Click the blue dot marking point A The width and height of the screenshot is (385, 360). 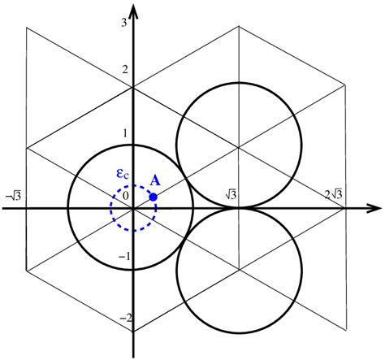click(153, 197)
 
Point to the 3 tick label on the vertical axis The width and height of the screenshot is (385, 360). click(123, 23)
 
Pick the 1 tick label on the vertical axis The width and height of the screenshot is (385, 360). click(123, 133)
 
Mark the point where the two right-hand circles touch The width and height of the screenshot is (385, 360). click(239, 208)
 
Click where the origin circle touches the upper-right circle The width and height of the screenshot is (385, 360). click(186, 177)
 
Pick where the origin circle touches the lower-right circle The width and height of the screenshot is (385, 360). click(186, 239)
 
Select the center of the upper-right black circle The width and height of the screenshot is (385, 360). click(239, 146)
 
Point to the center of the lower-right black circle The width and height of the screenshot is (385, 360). click(239, 270)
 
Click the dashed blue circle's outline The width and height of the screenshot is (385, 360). click(111, 208)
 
